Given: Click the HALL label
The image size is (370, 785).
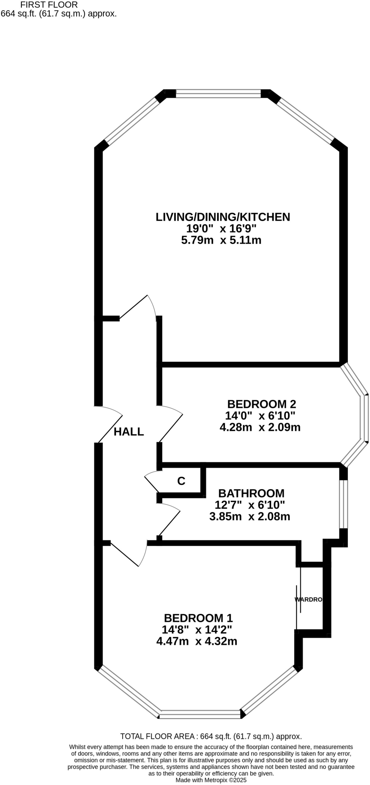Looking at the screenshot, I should [x=129, y=432].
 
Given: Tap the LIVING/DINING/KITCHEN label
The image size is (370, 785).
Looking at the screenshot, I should [x=223, y=217].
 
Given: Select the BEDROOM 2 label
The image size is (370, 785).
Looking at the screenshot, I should [x=262, y=404].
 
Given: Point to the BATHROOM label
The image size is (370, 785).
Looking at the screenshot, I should [x=251, y=493].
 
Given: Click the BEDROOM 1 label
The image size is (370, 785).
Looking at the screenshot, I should [x=198, y=618].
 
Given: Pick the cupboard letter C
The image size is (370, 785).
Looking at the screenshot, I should [x=181, y=481].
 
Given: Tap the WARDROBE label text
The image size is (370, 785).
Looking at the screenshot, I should [x=308, y=599].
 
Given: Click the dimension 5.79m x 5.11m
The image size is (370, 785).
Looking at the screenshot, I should [x=221, y=240].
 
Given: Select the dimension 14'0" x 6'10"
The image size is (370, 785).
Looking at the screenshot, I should [x=260, y=415].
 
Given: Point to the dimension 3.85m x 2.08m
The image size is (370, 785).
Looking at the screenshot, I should [x=250, y=516].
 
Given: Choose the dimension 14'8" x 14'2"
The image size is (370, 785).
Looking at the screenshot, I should [x=197, y=629].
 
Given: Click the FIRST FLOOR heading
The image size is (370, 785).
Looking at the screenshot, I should [x=49, y=5].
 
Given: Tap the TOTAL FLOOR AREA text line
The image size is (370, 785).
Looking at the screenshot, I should [x=211, y=736].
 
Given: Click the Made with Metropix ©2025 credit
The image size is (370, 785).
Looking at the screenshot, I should [x=211, y=780].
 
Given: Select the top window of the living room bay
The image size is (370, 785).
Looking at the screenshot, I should [x=218, y=94].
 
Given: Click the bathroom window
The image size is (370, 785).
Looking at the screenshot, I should [x=344, y=504].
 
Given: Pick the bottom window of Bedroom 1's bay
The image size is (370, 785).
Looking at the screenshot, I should [x=200, y=714].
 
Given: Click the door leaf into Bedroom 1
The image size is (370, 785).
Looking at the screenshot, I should [x=124, y=554].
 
